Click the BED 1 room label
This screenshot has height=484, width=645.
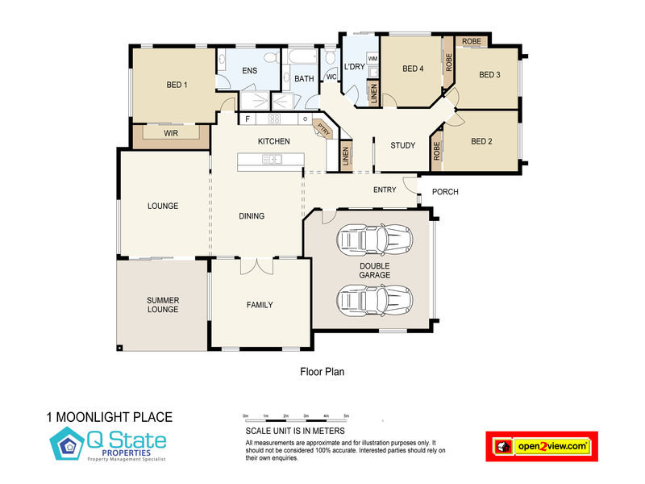pos(177,85)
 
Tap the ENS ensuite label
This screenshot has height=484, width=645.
pos(250,71)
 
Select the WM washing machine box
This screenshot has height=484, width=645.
pos(372,58)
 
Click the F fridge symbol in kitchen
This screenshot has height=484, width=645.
pos(248,119)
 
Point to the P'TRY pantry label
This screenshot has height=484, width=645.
pos(324,129)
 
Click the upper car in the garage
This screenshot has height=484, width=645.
pos(375,238)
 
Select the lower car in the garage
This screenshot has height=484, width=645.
pos(375,299)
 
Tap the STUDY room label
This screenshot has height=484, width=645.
pos(402,145)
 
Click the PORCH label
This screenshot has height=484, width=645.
pos(445,192)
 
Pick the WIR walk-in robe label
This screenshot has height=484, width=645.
pos(171,133)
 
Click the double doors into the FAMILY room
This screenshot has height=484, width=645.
pos(256,266)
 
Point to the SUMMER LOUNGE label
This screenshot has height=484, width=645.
pos(163,305)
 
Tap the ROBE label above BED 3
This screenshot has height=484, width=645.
pos(472,42)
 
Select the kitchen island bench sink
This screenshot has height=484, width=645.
pos(272,159)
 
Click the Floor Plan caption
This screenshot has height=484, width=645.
pos(322,372)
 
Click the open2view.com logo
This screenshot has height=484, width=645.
pos(542,447)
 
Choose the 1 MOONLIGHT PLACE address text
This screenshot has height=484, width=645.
pos(110,417)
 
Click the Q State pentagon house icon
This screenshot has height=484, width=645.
pos(67,444)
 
